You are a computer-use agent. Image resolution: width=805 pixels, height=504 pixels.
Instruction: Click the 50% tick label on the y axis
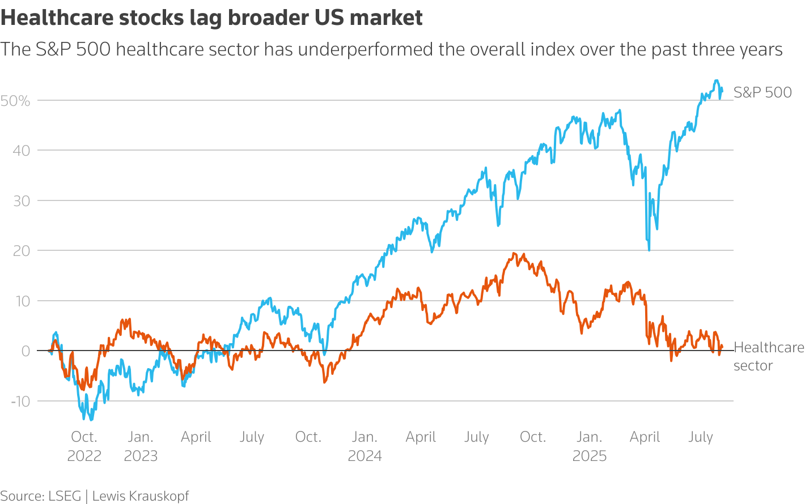(x=15, y=101)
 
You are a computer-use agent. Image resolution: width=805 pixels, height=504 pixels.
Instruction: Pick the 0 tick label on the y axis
(x=26, y=351)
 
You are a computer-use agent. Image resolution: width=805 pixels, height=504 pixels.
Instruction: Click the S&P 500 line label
(x=762, y=92)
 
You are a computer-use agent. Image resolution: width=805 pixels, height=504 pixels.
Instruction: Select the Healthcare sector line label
(x=768, y=356)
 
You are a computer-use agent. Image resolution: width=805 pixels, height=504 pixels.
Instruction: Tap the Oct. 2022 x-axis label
(x=84, y=446)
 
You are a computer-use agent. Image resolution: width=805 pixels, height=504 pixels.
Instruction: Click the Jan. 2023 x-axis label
(x=141, y=446)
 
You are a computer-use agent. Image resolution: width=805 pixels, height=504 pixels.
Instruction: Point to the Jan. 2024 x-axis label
(x=365, y=446)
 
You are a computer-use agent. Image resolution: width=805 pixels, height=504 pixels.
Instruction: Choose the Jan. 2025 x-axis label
(x=590, y=446)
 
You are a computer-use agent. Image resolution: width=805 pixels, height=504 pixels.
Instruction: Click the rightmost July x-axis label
(x=701, y=437)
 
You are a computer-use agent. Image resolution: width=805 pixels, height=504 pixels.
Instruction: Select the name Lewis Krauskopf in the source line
(x=141, y=496)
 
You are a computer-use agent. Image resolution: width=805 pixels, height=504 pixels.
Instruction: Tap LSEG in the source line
(x=65, y=496)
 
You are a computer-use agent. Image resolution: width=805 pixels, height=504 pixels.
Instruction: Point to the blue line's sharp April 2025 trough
(x=649, y=250)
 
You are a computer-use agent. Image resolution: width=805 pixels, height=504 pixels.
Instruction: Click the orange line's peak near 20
(x=514, y=253)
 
